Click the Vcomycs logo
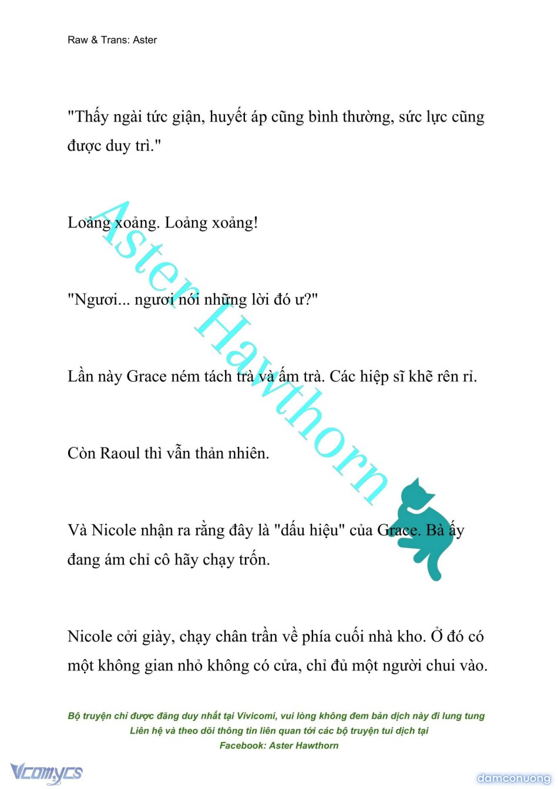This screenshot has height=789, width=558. tap(46, 773)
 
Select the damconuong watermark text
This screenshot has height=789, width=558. tap(513, 778)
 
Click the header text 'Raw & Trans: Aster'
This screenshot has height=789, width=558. tap(112, 40)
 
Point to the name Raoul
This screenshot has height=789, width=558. tap(120, 454)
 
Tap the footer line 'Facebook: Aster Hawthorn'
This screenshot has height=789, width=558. tap(279, 746)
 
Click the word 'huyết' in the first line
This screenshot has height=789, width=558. tap(228, 117)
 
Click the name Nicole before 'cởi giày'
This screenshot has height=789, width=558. tap(89, 637)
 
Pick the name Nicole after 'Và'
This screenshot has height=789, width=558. tap(113, 531)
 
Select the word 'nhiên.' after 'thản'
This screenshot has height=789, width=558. tap(248, 454)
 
